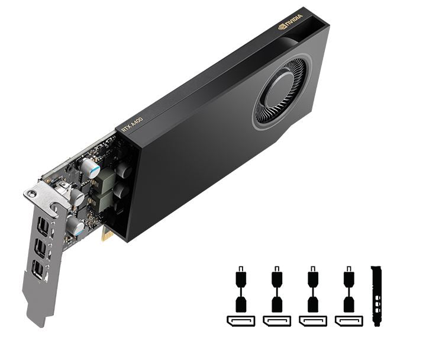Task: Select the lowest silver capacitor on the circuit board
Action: click(x=75, y=225)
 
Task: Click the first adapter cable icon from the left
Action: click(x=240, y=290)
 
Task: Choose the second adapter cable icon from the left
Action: click(x=276, y=290)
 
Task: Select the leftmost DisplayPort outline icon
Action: click(x=240, y=321)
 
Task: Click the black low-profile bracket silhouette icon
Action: click(x=376, y=295)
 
